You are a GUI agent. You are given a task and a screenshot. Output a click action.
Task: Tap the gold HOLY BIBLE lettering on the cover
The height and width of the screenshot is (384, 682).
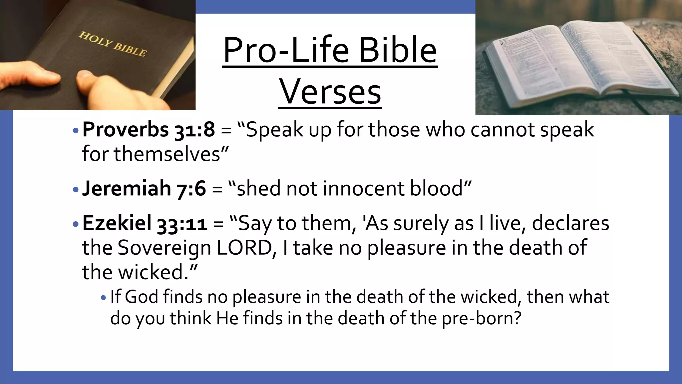pyautogui.click(x=112, y=44)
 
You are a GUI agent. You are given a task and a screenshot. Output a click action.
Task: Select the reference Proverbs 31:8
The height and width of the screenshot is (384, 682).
pyautogui.click(x=149, y=129)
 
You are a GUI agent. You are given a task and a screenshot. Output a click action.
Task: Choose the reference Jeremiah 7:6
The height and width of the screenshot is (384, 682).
pyautogui.click(x=144, y=188)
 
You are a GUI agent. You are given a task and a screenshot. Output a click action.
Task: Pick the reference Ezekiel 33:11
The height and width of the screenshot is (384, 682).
pyautogui.click(x=145, y=223)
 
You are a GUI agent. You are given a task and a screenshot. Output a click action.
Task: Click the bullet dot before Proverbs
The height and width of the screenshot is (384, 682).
pyautogui.click(x=76, y=130)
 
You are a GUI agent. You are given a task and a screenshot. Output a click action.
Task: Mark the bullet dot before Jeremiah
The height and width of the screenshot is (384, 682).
pyautogui.click(x=76, y=190)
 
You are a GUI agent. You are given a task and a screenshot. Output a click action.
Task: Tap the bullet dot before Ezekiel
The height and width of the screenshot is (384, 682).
pyautogui.click(x=76, y=224)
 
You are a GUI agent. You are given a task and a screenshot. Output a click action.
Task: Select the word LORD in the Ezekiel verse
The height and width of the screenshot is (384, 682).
pyautogui.click(x=244, y=248)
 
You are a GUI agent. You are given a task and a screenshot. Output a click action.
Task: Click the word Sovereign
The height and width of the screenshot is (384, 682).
pyautogui.click(x=165, y=248)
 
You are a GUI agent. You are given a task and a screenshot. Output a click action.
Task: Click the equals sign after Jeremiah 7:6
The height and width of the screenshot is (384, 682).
pyautogui.click(x=217, y=189)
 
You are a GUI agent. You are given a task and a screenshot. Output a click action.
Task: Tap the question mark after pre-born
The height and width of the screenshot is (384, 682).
pyautogui.click(x=517, y=318)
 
